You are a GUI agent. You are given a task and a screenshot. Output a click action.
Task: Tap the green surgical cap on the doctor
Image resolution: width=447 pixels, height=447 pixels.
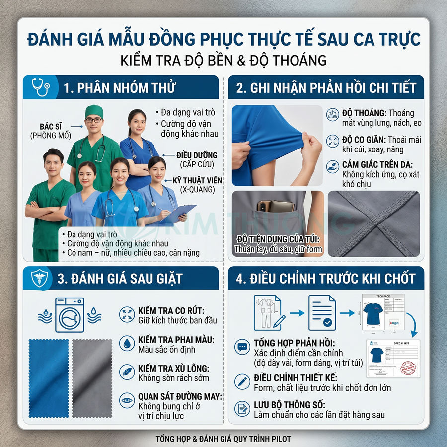coord(93,111)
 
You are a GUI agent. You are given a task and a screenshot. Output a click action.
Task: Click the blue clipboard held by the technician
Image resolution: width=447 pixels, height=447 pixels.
coord(179,213)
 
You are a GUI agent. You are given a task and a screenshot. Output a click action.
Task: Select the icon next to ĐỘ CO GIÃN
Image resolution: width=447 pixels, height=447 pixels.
coord(332,141)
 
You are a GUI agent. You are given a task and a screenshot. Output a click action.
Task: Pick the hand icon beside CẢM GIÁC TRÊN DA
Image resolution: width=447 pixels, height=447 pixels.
coord(332,166)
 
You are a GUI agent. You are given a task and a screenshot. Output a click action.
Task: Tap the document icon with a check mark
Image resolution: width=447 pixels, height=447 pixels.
coord(322,313)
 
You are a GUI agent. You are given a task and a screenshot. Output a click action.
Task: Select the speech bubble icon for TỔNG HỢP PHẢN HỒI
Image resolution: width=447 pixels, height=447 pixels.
coord(242,347)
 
